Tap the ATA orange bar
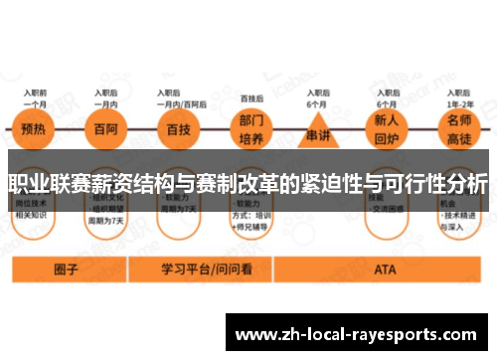[384, 269]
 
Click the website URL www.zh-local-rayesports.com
[359, 333]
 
